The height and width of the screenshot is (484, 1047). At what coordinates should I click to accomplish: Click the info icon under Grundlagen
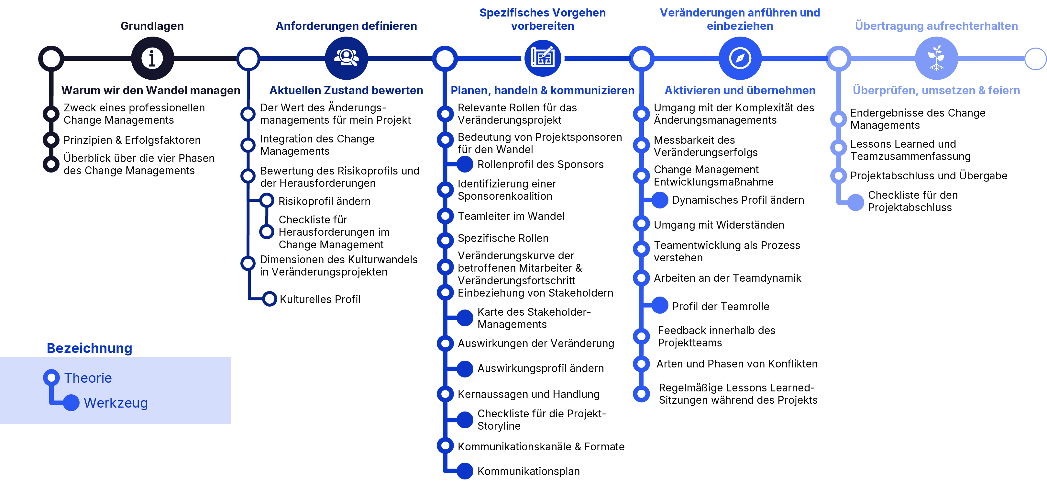[x=152, y=58]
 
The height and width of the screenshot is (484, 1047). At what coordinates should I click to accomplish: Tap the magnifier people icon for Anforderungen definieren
[x=346, y=58]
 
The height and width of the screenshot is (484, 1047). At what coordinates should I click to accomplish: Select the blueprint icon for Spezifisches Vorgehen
[x=543, y=58]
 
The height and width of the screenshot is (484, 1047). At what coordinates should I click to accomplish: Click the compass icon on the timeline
[x=740, y=58]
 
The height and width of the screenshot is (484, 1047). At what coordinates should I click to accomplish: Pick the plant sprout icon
[x=936, y=58]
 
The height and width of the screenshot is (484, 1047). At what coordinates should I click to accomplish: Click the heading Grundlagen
[x=152, y=26]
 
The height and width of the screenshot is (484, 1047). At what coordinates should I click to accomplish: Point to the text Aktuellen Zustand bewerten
[x=346, y=90]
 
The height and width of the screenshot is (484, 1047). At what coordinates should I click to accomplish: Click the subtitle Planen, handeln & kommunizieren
[x=542, y=90]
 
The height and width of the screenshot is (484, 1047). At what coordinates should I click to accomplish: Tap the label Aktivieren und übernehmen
[x=740, y=90]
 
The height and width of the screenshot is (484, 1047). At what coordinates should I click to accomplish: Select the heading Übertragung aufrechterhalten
[x=936, y=26]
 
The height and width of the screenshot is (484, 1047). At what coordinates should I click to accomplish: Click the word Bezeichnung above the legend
[x=89, y=348]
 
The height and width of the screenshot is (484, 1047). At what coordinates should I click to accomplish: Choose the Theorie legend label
[x=88, y=378]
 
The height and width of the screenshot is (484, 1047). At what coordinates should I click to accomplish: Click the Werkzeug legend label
[x=116, y=403]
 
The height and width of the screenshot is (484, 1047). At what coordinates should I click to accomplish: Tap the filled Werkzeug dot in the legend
[x=71, y=403]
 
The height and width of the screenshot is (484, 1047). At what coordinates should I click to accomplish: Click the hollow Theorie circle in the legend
[x=51, y=377]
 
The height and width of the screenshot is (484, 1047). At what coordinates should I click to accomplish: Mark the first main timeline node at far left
[x=51, y=59]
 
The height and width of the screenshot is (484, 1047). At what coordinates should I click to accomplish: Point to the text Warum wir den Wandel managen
[x=151, y=90]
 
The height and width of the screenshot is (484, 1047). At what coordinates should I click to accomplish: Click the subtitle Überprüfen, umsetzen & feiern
[x=936, y=90]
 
